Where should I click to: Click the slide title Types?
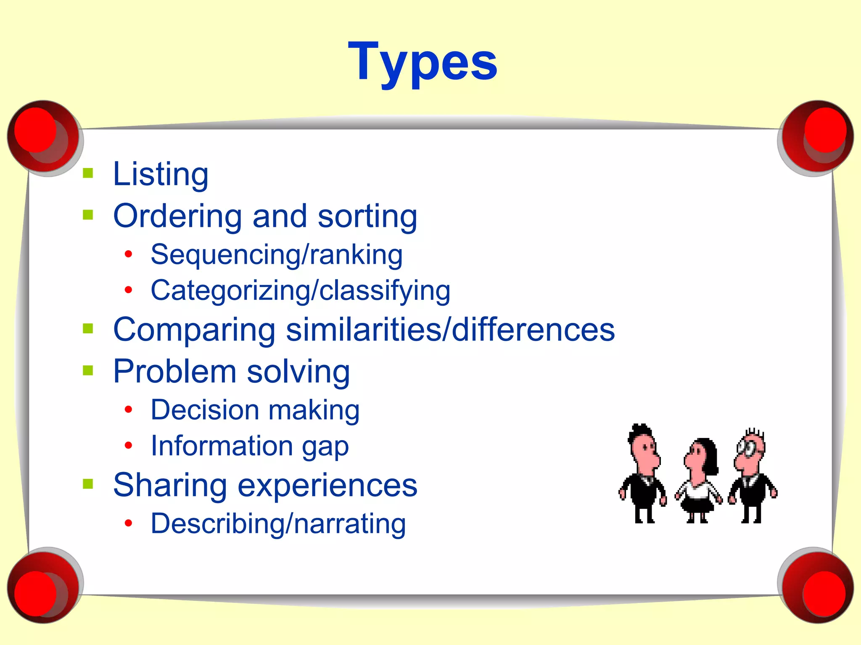click(x=423, y=62)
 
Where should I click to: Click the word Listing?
click(x=161, y=174)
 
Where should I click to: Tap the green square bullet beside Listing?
click(x=88, y=173)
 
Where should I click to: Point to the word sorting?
click(x=367, y=216)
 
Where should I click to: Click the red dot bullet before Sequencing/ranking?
click(x=129, y=254)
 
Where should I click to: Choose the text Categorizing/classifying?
click(x=300, y=291)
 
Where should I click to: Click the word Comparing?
click(x=194, y=330)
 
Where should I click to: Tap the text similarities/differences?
click(x=450, y=329)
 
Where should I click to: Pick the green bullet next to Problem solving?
click(x=88, y=370)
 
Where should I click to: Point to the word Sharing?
click(x=170, y=485)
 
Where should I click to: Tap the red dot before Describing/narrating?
click(x=129, y=523)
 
